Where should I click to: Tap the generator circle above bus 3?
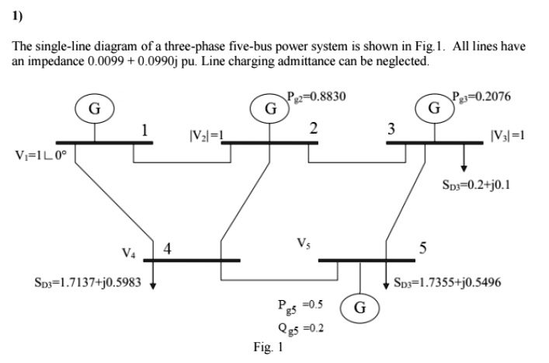click(435, 108)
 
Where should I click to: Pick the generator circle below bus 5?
click(360, 308)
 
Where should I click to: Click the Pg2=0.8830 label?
click(317, 96)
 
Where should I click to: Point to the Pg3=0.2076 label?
click(481, 96)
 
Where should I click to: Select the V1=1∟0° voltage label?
click(40, 155)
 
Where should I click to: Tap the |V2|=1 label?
click(207, 135)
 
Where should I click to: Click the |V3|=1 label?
click(508, 135)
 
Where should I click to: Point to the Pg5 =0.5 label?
click(301, 306)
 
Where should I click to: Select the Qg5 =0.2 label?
click(301, 329)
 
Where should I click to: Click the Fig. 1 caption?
click(268, 347)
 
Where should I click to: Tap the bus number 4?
click(168, 249)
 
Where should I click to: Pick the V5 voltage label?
click(304, 243)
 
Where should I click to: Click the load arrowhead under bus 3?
click(464, 169)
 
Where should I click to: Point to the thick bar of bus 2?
click(269, 143)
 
